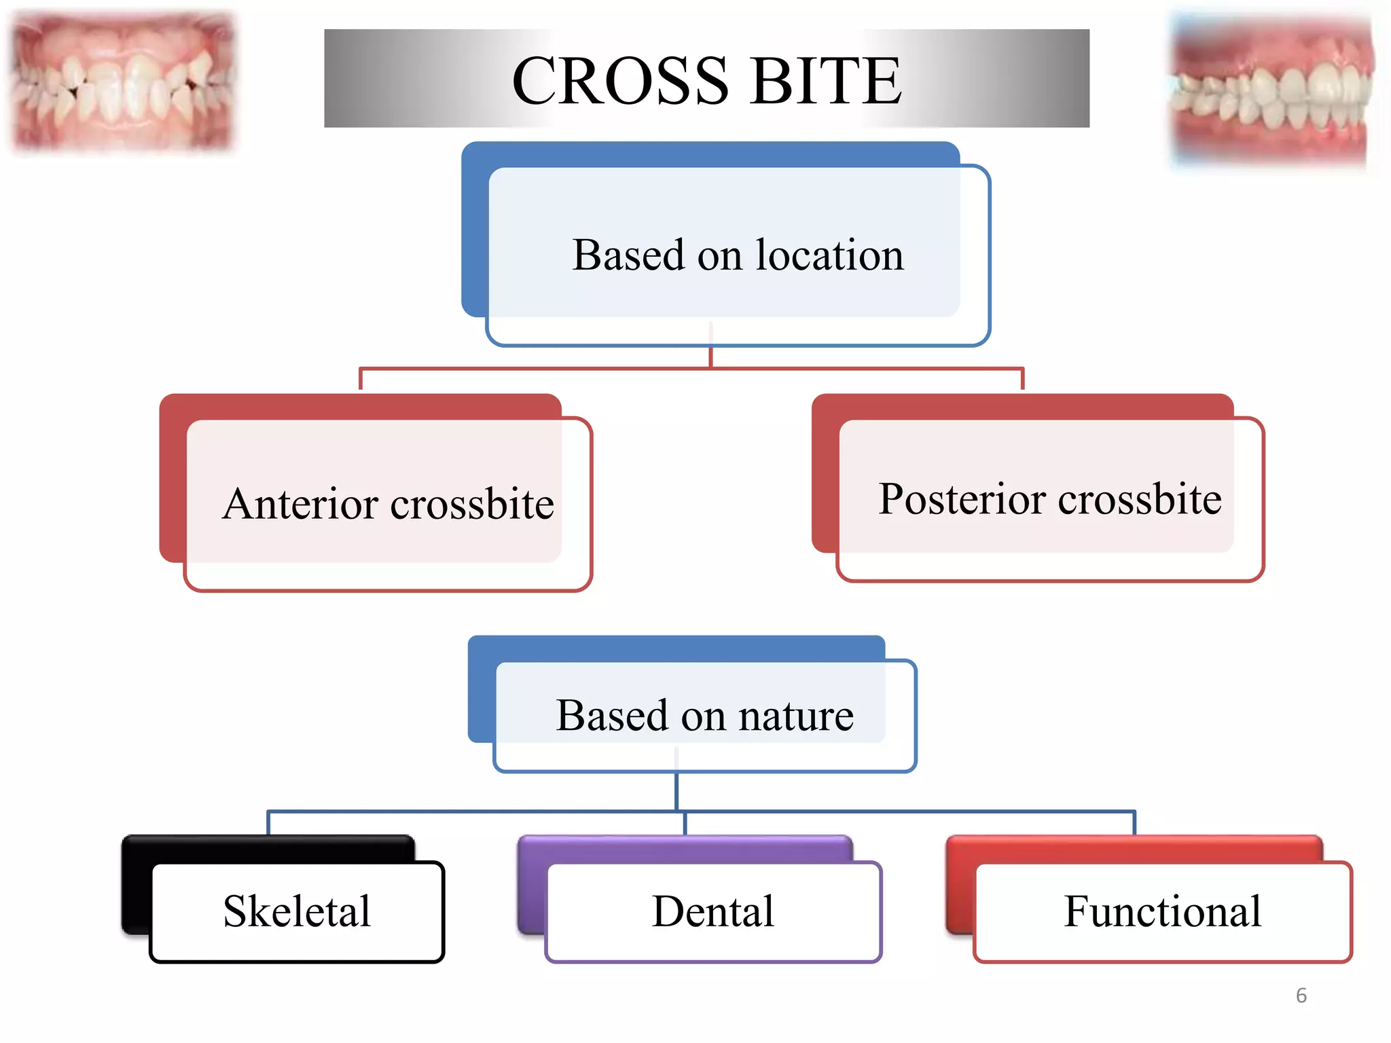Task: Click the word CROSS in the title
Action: pos(620,81)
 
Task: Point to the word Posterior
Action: pos(961,499)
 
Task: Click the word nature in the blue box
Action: pos(795,716)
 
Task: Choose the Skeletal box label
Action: pos(297,911)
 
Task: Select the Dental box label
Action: pos(712,911)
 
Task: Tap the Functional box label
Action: pos(1162,911)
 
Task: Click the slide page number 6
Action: pos(1301,995)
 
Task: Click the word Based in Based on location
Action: pos(628,255)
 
